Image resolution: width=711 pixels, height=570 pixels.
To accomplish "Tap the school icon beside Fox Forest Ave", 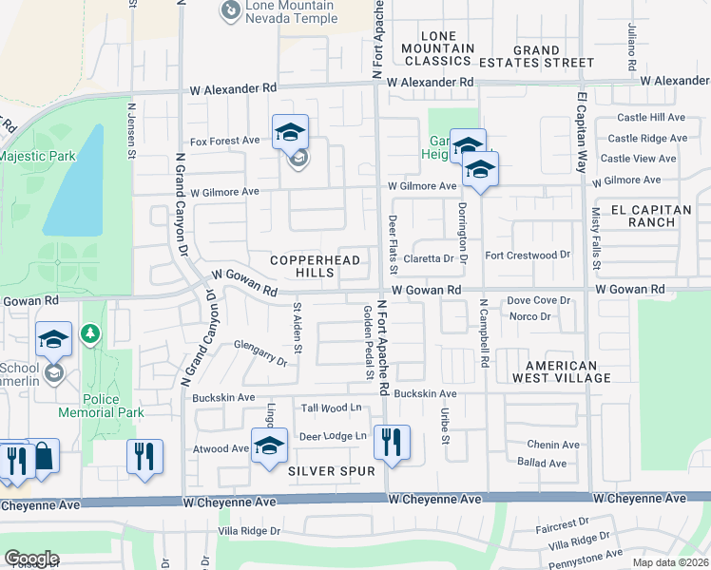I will pos(290,133).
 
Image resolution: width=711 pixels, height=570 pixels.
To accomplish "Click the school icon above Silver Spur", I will pos(269,445).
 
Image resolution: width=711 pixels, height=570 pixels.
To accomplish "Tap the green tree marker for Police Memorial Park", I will pos(90,334).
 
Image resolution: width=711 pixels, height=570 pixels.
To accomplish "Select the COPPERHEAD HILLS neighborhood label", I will pos(301,266).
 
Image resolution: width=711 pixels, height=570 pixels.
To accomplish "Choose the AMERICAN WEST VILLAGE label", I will pos(561,371).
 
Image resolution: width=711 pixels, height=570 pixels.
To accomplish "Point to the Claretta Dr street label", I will pos(429,258).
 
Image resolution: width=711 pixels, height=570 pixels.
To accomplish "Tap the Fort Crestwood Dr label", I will pos(527,255).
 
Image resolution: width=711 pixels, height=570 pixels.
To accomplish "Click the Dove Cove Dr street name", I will pos(537,300).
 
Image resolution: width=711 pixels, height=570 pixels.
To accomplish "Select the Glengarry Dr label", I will pos(259,353).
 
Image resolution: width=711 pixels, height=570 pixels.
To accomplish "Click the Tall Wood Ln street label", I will pos(333,408).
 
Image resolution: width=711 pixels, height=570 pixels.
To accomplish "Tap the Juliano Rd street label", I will pos(630,47).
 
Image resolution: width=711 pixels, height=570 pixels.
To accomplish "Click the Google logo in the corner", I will pos(31,559).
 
